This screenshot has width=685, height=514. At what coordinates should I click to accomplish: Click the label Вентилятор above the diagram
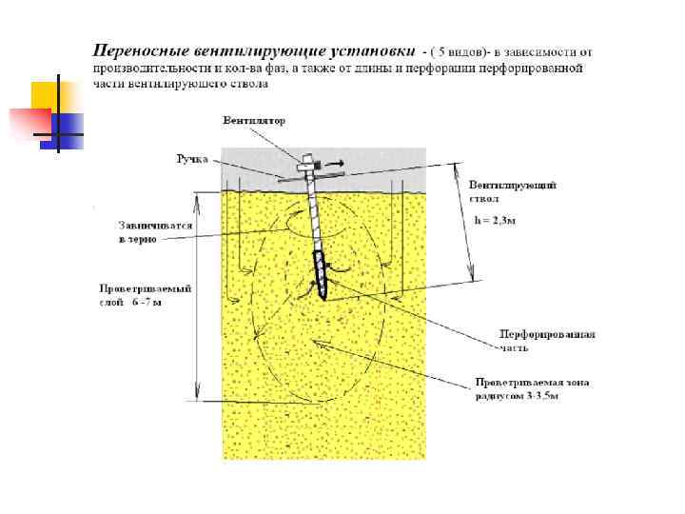(x=254, y=121)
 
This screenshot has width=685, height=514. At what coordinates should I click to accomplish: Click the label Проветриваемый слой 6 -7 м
(x=133, y=294)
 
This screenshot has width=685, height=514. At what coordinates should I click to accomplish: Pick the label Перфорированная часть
(x=547, y=340)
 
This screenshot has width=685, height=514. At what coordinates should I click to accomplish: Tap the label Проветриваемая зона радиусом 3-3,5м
(x=532, y=388)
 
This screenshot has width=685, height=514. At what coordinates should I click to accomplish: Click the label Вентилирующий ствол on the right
(x=512, y=190)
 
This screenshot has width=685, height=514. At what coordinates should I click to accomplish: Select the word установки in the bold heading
(x=368, y=49)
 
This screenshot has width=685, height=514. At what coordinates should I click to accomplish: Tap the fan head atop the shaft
(x=309, y=165)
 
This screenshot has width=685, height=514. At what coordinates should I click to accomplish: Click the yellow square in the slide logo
(x=48, y=96)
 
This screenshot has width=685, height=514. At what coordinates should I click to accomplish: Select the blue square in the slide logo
(x=68, y=125)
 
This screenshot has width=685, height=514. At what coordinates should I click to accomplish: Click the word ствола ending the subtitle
(x=249, y=84)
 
